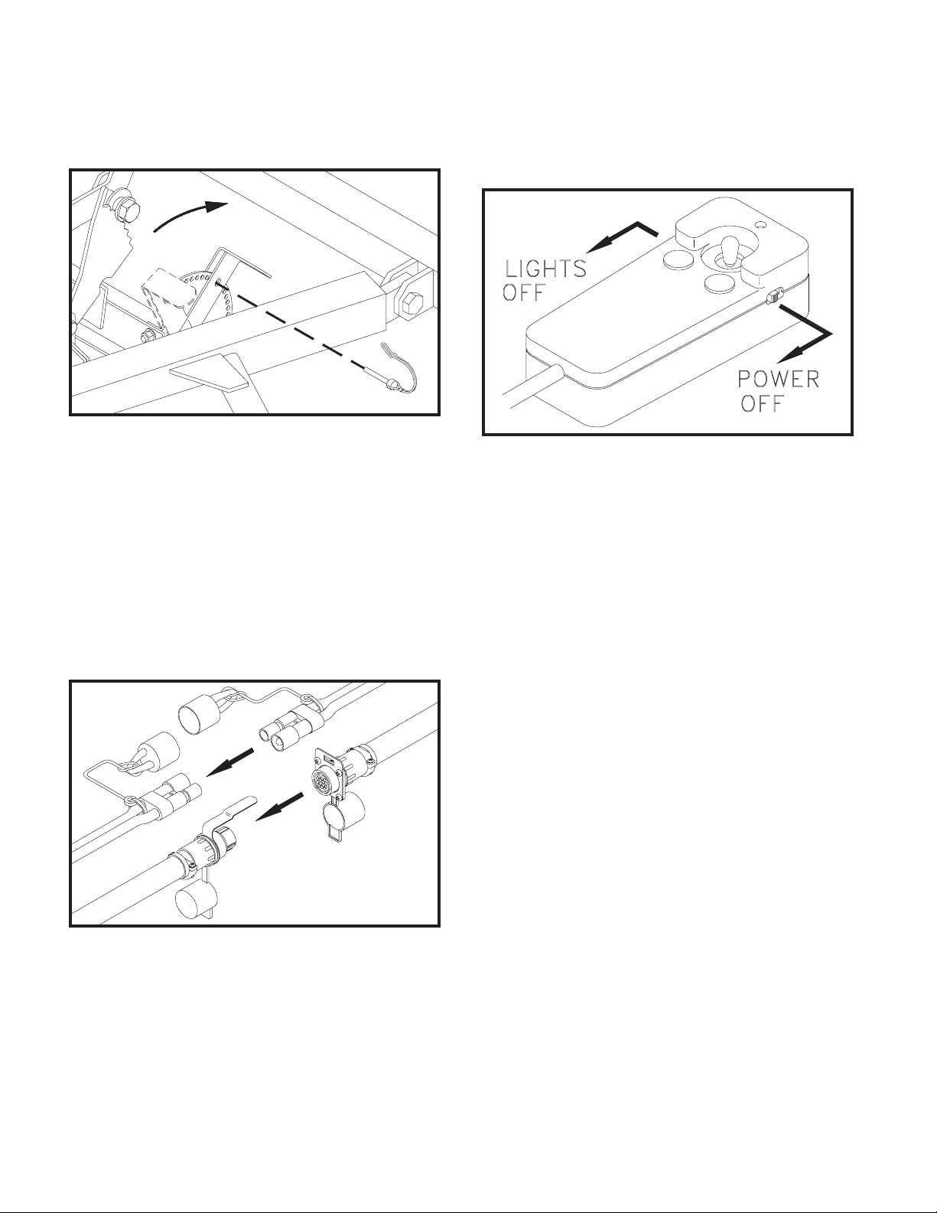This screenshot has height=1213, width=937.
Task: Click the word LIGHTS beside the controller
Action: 545,269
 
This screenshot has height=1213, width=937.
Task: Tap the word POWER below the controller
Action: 778,380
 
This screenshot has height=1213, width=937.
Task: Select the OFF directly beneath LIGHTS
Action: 523,292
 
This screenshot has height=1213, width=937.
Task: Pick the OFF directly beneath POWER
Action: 761,403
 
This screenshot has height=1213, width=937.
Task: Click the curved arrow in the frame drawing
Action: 190,214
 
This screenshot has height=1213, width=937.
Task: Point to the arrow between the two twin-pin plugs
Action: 229,762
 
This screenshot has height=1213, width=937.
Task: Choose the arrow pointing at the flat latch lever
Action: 280,806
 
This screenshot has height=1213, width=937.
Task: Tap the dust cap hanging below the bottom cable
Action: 196,898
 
